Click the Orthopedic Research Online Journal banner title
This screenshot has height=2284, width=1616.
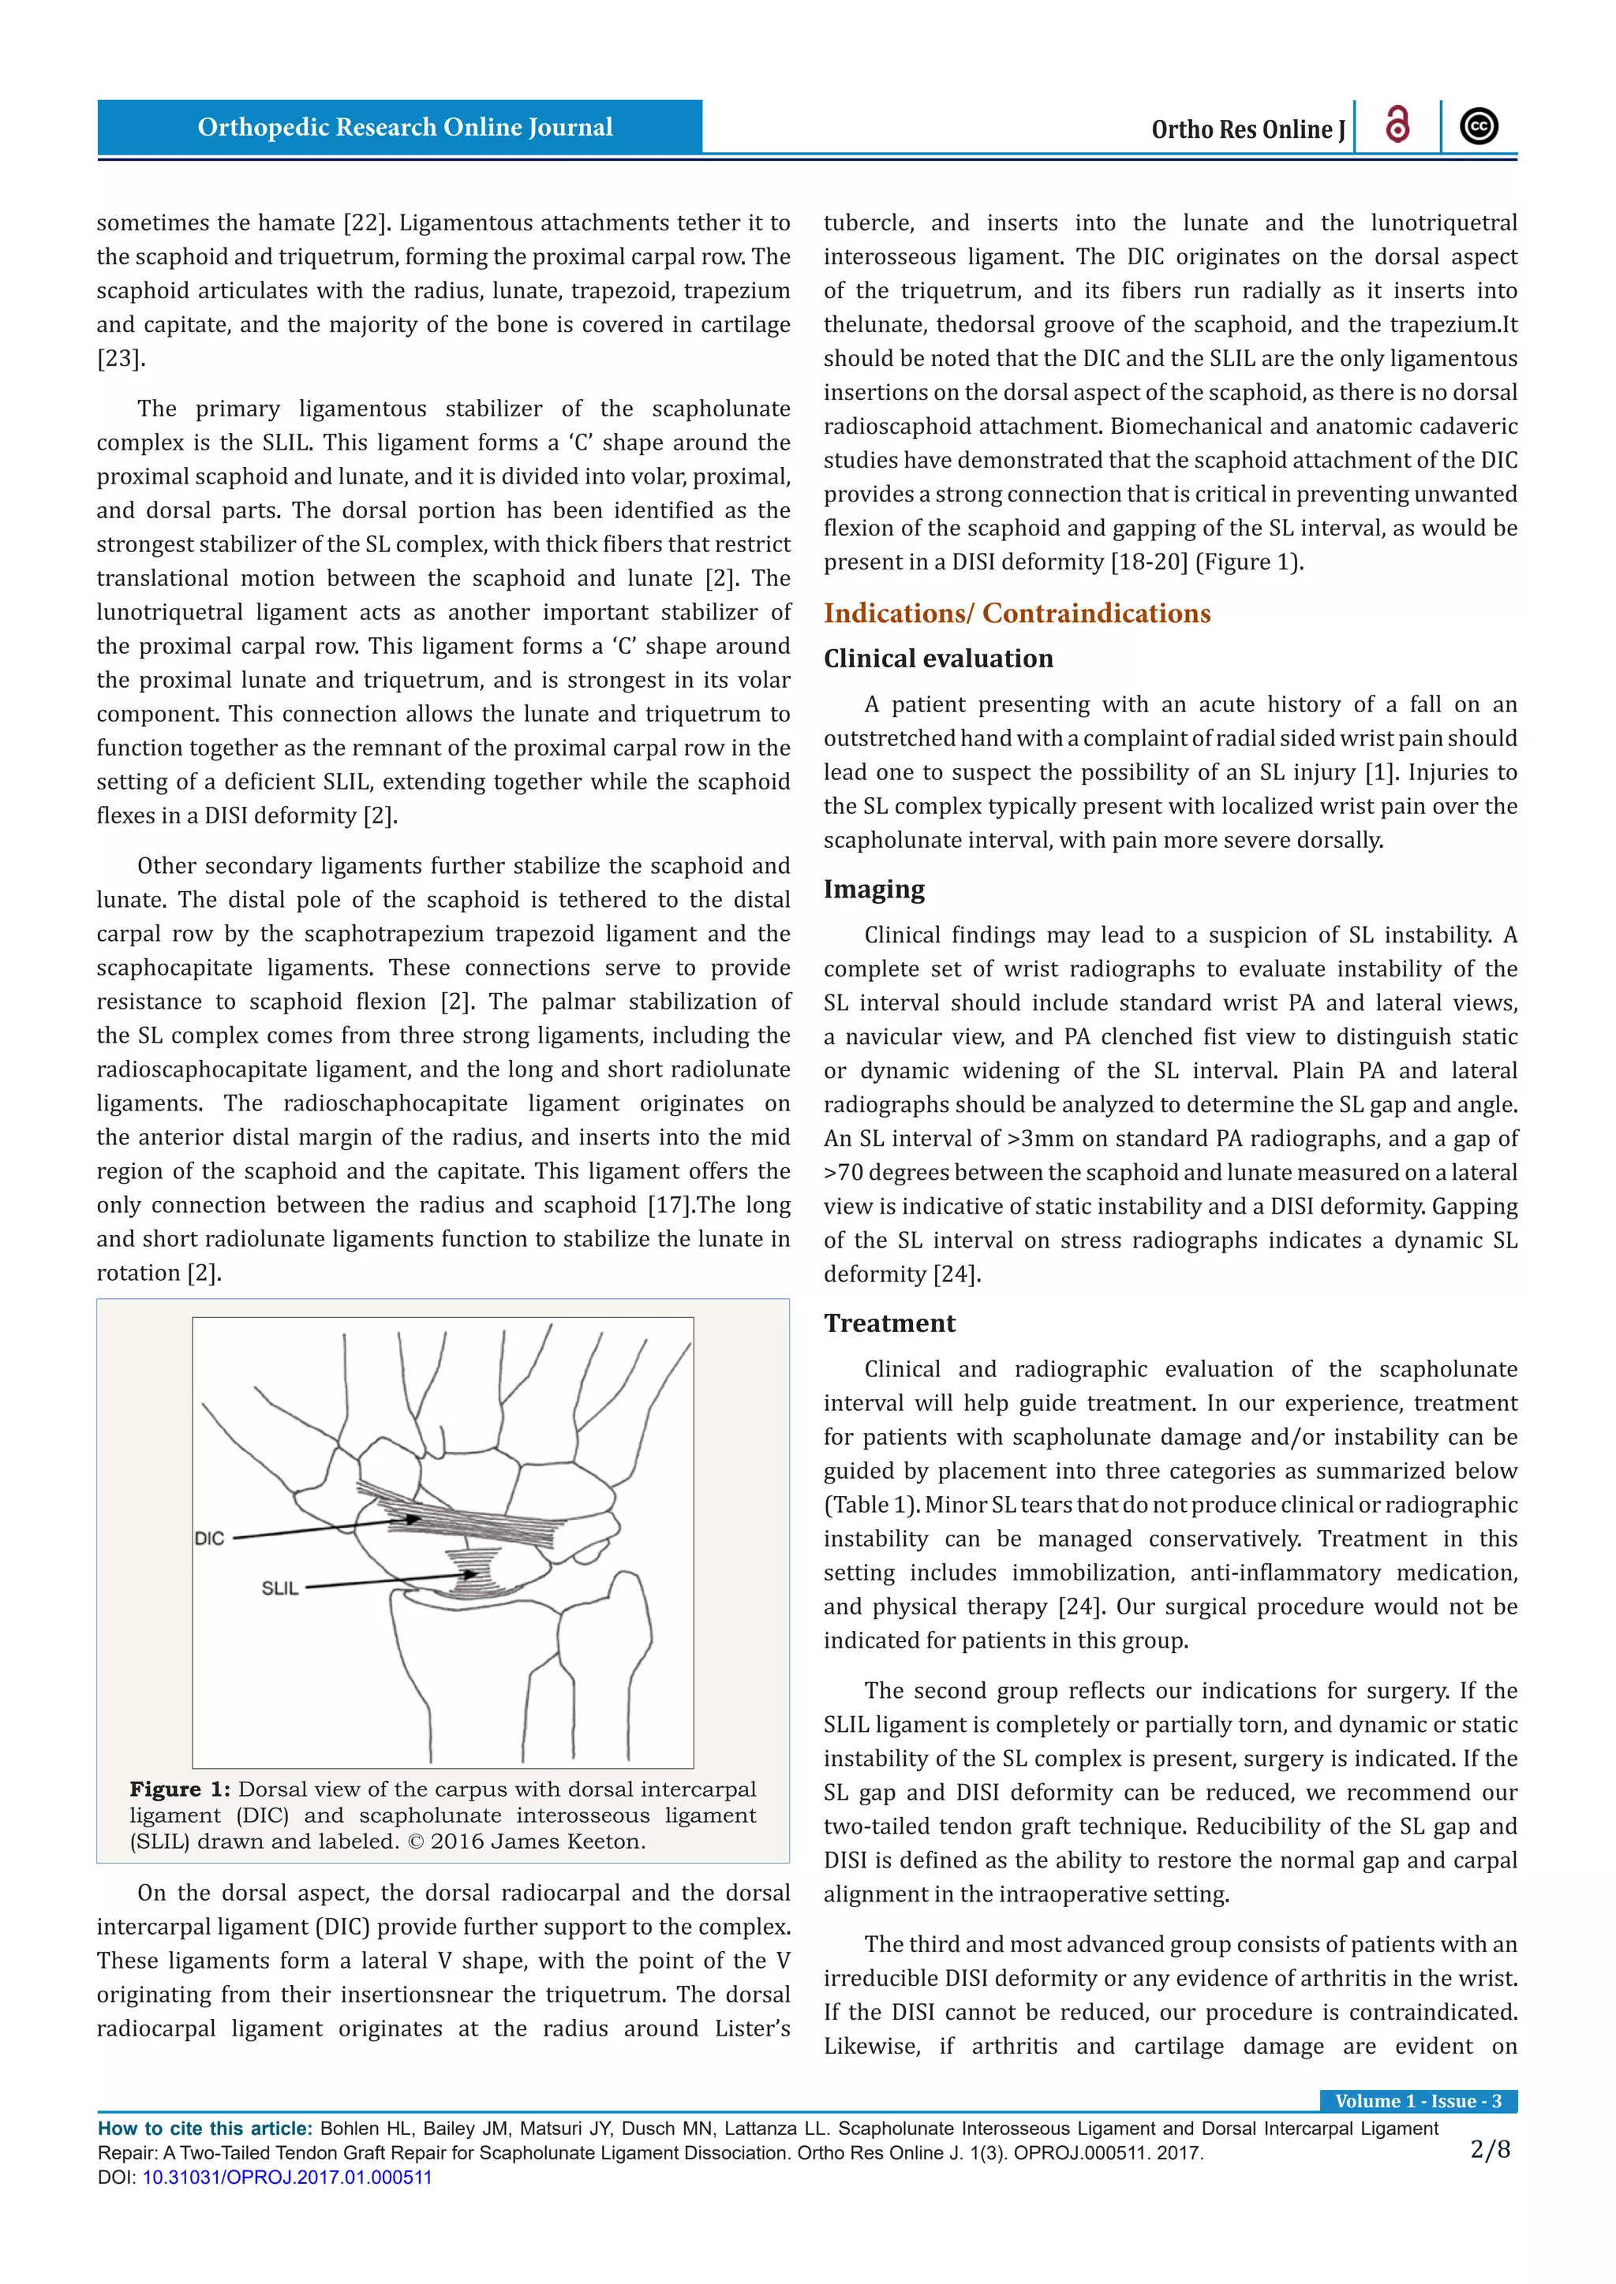point(404,127)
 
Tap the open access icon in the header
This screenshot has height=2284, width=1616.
point(1397,126)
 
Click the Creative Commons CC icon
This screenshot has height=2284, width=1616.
point(1479,126)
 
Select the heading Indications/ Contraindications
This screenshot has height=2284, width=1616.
point(1016,613)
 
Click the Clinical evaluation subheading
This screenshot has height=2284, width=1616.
point(937,659)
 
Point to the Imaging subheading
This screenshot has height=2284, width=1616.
point(873,890)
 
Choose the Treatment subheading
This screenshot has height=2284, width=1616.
point(888,1323)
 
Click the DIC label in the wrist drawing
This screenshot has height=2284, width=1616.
point(210,1538)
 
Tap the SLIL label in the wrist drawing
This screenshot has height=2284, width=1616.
point(279,1588)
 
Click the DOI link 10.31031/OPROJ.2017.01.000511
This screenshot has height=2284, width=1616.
point(286,2177)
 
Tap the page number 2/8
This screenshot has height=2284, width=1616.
point(1490,2150)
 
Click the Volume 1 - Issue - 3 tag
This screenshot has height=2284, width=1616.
point(1418,2101)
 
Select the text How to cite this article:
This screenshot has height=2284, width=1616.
point(205,2129)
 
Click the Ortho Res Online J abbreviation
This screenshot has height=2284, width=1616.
point(1247,129)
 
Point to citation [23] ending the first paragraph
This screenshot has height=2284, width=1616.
point(121,358)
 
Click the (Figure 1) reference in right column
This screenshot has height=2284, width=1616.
point(1248,562)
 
